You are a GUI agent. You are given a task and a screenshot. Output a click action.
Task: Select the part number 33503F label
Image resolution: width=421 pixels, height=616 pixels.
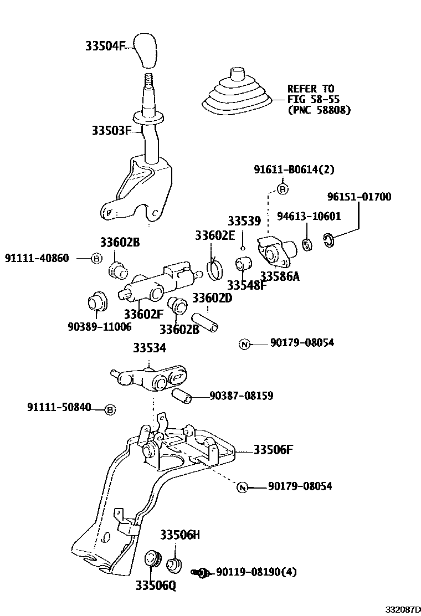tap(111, 131)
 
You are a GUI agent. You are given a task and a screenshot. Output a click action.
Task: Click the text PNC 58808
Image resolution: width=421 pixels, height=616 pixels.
tap(319, 110)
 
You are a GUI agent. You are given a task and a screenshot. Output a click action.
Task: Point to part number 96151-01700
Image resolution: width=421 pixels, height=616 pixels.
tap(358, 197)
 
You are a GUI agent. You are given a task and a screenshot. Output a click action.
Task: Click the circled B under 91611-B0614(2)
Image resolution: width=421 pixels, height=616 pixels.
tap(283, 189)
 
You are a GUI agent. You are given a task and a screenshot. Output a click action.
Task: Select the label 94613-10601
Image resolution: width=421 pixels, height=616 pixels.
tap(309, 216)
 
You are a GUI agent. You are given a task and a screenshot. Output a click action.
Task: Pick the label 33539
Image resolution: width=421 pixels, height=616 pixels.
tap(244, 221)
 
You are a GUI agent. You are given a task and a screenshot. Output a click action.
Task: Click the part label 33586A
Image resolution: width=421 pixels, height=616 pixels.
tap(279, 276)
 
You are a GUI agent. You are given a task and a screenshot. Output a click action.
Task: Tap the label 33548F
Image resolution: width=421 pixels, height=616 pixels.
tap(247, 285)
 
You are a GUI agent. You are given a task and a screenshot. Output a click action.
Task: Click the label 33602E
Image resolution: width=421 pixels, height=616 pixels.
tap(215, 235)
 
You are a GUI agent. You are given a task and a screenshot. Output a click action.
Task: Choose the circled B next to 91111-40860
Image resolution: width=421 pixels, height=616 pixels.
tap(96, 258)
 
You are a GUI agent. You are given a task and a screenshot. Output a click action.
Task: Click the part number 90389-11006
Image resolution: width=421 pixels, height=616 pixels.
tap(99, 326)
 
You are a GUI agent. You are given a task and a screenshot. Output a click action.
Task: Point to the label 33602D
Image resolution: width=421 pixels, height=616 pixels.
tap(212, 298)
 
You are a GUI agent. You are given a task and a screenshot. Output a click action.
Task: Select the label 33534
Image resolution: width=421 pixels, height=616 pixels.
tap(149, 347)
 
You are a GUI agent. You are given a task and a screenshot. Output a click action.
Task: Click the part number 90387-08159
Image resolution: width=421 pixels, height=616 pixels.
tap(241, 396)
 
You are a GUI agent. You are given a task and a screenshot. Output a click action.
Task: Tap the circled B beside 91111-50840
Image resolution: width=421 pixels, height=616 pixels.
tap(110, 409)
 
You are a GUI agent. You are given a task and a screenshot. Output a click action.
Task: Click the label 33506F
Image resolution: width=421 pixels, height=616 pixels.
tap(273, 449)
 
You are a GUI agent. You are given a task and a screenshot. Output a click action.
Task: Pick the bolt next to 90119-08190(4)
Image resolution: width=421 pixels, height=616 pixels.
tap(201, 572)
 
